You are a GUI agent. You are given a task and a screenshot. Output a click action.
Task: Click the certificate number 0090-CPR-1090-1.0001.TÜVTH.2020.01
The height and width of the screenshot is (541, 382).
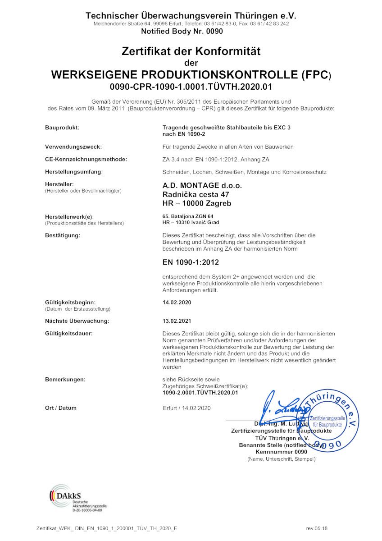coord(191,86)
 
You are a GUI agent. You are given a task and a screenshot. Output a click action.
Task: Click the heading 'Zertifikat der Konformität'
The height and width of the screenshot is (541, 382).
coord(191,51)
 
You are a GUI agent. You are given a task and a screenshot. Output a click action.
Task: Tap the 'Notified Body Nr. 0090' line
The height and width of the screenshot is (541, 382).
coord(182,32)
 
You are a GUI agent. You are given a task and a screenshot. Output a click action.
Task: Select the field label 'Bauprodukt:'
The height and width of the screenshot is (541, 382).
coord(62,128)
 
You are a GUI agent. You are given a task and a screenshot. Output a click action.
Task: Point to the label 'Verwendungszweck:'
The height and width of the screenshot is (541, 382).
coord(73,147)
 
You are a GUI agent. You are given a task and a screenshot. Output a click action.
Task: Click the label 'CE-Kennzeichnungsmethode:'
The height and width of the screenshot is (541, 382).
coord(86,160)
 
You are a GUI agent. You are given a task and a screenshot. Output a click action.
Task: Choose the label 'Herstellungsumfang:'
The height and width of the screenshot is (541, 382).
coord(74,172)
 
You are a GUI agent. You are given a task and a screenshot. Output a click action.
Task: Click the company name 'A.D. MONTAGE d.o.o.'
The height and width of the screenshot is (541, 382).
coord(202,185)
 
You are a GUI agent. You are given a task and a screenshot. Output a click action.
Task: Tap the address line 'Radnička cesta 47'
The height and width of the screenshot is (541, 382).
coord(196,194)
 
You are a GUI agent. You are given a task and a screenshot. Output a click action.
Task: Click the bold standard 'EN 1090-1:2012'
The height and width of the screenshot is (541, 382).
coord(191,262)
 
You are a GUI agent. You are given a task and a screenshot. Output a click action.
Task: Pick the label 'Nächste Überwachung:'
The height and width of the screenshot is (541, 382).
coord(77,321)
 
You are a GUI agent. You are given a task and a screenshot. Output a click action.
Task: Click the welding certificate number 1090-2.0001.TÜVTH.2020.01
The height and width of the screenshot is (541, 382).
coord(200,393)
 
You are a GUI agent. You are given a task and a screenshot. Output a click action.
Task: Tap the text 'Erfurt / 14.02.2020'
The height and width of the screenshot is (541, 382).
coord(187,408)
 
